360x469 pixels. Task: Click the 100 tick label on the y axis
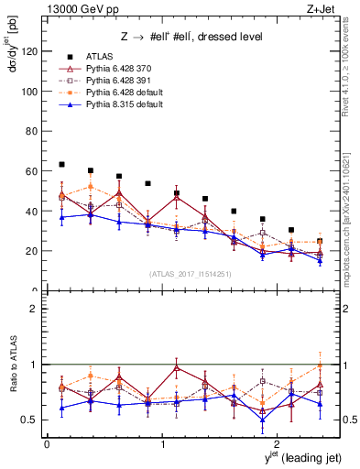tap(30, 92)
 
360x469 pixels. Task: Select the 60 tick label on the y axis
tap(33, 171)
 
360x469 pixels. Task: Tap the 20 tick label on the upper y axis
tap(33, 251)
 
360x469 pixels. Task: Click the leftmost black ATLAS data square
tap(61, 165)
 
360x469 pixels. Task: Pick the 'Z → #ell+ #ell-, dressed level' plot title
tap(179, 37)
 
